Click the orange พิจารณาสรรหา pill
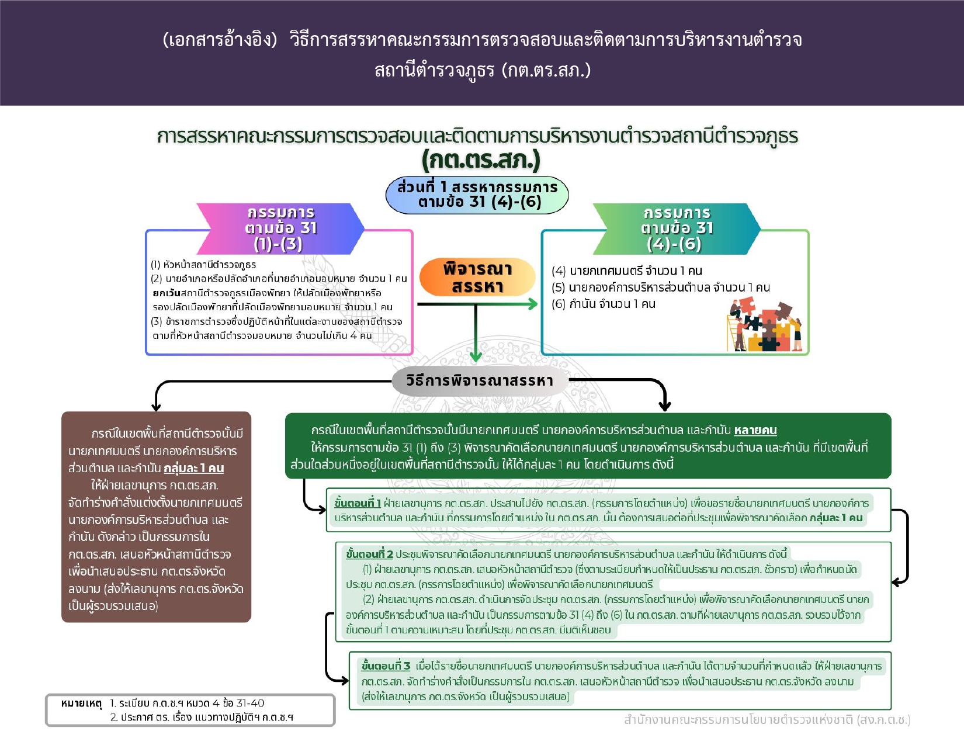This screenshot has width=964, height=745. coord(477,277)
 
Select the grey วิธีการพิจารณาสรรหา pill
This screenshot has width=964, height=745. coord(480,380)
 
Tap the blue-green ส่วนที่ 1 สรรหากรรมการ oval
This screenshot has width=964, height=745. coord(477,195)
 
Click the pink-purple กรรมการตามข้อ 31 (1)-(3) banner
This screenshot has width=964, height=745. coord(280,228)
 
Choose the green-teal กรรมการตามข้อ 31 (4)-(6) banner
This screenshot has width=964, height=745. coord(677,228)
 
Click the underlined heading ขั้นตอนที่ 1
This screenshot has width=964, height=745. coord(358,503)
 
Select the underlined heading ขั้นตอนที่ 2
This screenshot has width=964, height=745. coord(370,554)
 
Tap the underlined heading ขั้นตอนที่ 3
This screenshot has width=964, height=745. coord(386,666)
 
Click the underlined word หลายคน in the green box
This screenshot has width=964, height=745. coord(755,430)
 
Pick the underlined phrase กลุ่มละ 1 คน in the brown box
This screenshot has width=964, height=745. coord(194,468)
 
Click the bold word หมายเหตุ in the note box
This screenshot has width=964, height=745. coord(82,704)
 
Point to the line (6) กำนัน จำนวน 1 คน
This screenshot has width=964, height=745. coord(604,304)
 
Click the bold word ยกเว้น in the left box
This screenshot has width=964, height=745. coord(167,293)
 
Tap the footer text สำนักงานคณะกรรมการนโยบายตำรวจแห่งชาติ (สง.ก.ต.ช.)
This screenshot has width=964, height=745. coord(767,720)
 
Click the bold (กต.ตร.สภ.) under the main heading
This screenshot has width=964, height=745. coord(481,160)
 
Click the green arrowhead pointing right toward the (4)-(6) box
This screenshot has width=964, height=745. coord(532,304)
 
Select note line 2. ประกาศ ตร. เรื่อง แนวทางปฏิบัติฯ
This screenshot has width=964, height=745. coord(202,718)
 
